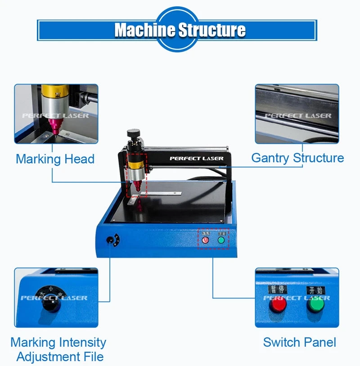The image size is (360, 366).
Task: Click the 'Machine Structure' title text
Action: (x=180, y=30)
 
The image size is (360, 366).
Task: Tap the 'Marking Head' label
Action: (x=55, y=159)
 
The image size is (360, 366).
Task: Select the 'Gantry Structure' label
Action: (x=297, y=158)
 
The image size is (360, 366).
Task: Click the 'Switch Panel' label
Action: (x=299, y=342)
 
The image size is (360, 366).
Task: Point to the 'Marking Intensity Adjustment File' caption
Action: (x=58, y=350)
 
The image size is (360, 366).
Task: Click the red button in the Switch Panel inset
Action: (x=278, y=306)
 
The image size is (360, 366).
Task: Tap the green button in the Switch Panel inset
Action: (x=315, y=306)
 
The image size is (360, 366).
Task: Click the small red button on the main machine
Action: (x=205, y=240)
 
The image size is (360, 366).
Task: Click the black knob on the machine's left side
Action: (x=110, y=240)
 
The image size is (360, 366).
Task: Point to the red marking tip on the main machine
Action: (x=137, y=187)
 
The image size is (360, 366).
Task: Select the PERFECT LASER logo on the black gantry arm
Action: (x=196, y=158)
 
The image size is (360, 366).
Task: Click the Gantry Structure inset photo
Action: (x=297, y=113)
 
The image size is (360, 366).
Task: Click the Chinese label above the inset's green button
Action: (x=314, y=289)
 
